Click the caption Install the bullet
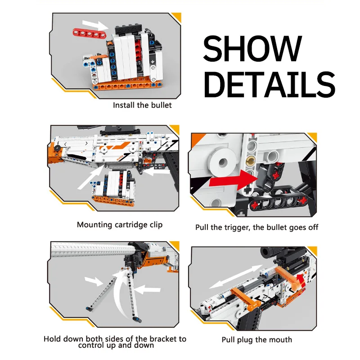point(142,105)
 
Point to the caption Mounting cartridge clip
point(120,225)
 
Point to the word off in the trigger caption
point(313,227)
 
